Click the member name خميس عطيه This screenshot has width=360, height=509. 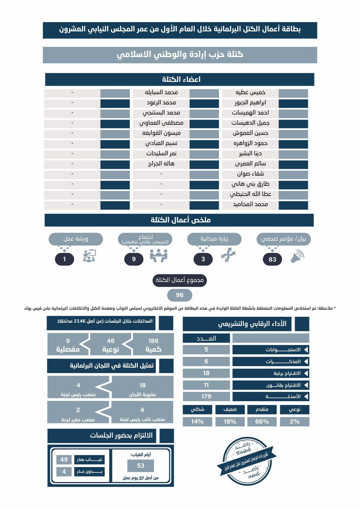point(250,93)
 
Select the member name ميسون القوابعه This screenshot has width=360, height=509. point(161,133)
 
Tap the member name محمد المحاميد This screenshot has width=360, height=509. point(250,205)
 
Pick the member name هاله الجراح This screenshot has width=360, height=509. point(161,164)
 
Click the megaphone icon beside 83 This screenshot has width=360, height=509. point(298,256)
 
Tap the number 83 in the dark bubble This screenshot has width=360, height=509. point(272,259)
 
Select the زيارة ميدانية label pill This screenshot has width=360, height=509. point(214,239)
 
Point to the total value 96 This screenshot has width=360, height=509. point(180,295)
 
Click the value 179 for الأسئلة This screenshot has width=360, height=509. point(206,396)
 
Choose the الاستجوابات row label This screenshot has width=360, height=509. point(271,350)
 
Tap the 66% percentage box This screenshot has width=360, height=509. point(262,422)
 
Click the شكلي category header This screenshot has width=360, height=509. point(197,409)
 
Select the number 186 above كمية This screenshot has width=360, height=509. point(153,341)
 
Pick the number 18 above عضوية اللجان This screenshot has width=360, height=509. point(142,385)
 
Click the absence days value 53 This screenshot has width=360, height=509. point(141,466)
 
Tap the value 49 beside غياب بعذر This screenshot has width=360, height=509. point(64,460)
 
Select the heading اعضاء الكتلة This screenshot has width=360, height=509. point(181,80)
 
